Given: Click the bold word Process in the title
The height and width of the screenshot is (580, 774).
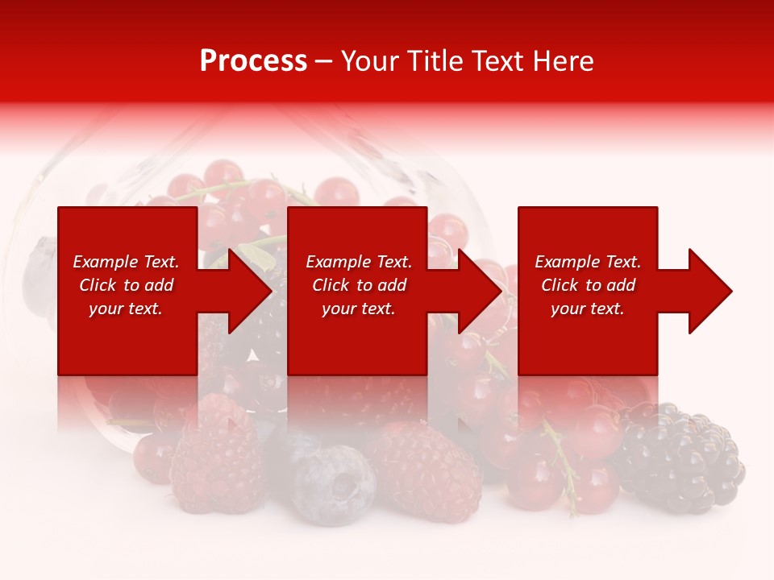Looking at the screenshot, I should coord(253,61).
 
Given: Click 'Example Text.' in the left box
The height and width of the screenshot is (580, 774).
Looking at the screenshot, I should coord(126,262).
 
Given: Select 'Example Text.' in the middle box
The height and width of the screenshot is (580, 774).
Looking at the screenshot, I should coord(359,262).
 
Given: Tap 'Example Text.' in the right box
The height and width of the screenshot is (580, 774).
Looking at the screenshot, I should coord(588,262).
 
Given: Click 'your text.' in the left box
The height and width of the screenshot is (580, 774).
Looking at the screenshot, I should coord(126,309).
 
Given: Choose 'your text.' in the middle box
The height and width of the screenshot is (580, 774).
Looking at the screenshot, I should coord(359,309).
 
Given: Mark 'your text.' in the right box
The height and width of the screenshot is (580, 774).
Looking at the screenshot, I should coord(588,309).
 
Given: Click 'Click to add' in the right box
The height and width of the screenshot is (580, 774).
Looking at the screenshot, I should coord(588,285).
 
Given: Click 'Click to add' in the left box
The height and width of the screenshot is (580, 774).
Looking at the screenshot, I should coord(126,285).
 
